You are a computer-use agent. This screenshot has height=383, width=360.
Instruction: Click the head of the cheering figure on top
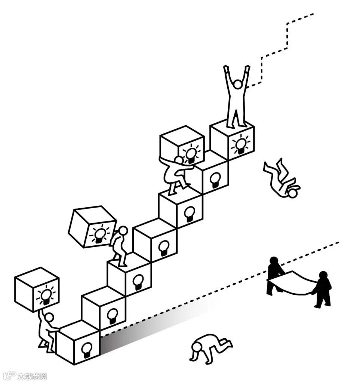click(x=237, y=84)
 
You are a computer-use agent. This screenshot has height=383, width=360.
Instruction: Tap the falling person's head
click(x=293, y=193)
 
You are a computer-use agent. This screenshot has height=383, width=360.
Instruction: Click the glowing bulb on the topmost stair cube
click(x=240, y=144)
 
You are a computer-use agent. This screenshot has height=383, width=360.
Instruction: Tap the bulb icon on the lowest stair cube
click(x=87, y=350)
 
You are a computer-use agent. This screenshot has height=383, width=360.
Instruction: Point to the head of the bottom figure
click(x=49, y=318)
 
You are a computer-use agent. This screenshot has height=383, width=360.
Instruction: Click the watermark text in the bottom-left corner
click(x=32, y=376)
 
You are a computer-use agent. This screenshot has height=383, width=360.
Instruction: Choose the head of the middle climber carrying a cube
click(x=123, y=230)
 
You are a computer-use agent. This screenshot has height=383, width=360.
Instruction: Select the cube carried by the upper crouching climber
click(x=182, y=144)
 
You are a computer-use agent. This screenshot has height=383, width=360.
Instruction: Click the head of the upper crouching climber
click(x=179, y=160)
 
